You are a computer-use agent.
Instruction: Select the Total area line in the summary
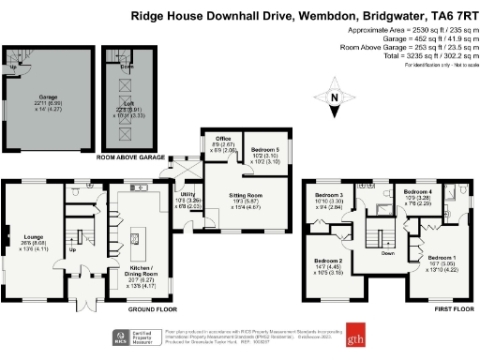click(x=425, y=57)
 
